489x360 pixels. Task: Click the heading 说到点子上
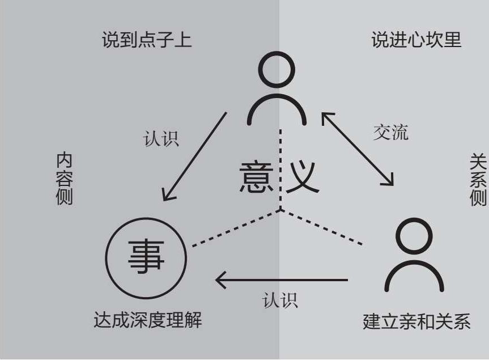(147, 41)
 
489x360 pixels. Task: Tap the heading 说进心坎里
(416, 41)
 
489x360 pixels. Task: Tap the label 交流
(390, 133)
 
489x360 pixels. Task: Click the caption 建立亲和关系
(416, 322)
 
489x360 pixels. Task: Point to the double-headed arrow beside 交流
(358, 149)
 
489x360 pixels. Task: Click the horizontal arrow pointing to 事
(282, 280)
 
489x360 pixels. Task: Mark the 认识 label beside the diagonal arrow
(161, 138)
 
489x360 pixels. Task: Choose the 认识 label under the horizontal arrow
(280, 300)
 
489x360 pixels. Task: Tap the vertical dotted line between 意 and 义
(280, 170)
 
